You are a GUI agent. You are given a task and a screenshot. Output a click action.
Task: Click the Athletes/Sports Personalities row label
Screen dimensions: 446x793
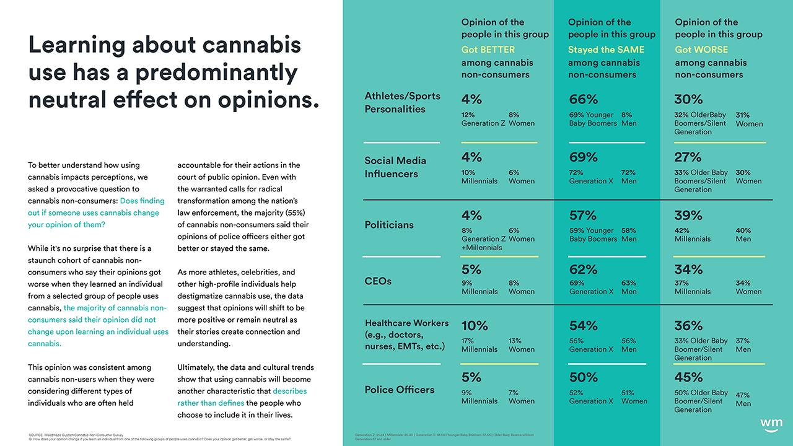[x=402, y=103]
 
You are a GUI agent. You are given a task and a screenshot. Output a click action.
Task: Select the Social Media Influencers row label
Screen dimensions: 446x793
[x=395, y=167]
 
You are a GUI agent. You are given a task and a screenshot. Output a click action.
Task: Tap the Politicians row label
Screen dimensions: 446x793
[x=389, y=224]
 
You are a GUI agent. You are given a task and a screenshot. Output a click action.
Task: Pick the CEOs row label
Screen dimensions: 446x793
[x=379, y=281]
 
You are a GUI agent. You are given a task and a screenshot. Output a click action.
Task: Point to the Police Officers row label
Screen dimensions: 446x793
[x=399, y=390]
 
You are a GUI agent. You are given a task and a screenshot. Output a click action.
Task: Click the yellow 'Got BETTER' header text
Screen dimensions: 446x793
[x=488, y=50]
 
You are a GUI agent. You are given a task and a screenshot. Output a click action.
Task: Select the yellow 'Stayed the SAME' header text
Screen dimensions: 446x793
[x=606, y=50]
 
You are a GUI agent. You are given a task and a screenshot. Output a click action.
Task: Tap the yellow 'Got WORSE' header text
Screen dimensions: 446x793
[x=701, y=50]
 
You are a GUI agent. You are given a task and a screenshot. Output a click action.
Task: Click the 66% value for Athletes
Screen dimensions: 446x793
[x=583, y=100]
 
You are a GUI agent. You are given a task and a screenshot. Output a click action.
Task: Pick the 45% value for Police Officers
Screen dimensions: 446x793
[x=688, y=377]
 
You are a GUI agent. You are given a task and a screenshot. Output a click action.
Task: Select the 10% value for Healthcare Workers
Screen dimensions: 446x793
[x=475, y=325]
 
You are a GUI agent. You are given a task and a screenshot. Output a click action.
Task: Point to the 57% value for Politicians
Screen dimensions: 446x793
[x=582, y=216]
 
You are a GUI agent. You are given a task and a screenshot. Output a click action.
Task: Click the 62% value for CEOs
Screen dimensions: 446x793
[x=583, y=269]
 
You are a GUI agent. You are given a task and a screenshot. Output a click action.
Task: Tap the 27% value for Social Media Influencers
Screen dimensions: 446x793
[x=688, y=157]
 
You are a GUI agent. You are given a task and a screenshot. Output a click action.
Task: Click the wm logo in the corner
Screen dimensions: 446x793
[x=771, y=423]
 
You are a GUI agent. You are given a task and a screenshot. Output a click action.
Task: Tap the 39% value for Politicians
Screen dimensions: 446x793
[x=688, y=216]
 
